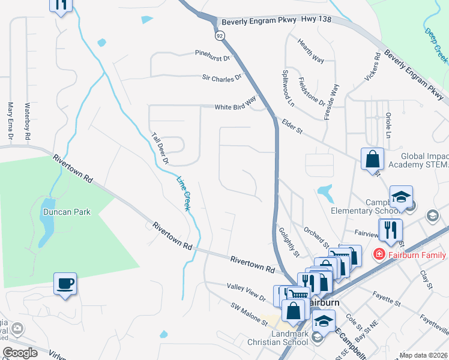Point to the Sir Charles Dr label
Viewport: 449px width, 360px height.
pos(221,77)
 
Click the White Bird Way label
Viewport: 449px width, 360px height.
pos(236,106)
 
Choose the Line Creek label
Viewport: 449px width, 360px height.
pos(182,193)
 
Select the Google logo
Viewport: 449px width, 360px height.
pos(20,353)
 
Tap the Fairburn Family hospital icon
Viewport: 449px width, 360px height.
pos(379,255)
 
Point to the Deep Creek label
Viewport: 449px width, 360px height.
pos(436,44)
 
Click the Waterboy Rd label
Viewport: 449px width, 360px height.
pos(27,122)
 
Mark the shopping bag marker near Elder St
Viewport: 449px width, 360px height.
pos(372,160)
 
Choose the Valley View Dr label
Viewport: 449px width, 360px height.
pos(246,292)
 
